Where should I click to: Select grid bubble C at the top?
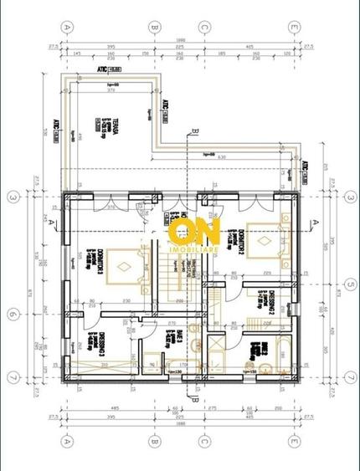pos(203,26)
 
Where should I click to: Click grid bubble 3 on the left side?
pos(13,197)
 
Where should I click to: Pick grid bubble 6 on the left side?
pos(13,315)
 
